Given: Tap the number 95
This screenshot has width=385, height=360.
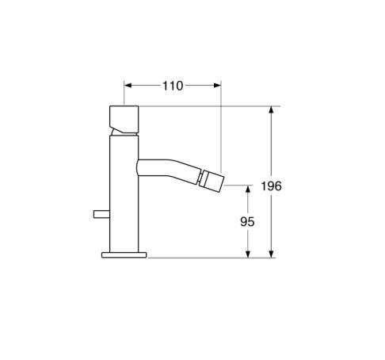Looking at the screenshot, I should click(247, 223).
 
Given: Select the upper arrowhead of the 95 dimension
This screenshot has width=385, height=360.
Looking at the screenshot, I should click(248, 187).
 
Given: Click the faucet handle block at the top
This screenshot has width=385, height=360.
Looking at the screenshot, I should click(123, 119).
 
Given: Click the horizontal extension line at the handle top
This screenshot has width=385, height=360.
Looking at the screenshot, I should click(206, 105).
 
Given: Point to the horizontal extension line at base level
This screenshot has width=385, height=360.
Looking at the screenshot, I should click(206, 257).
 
